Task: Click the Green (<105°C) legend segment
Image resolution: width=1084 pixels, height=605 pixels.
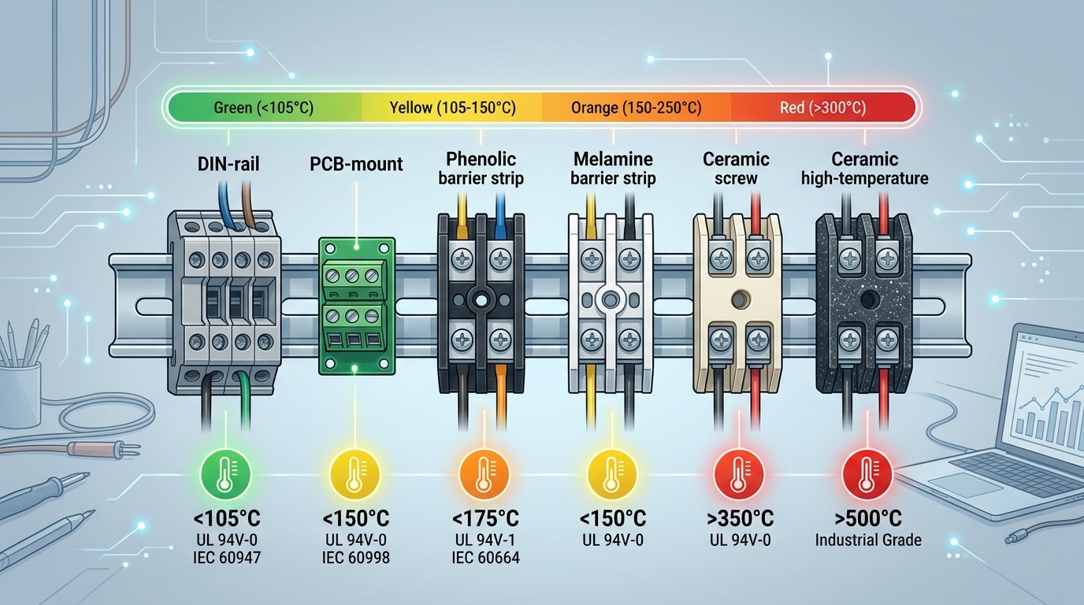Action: pos(263,107)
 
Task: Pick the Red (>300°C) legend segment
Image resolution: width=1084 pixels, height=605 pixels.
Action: pos(822,107)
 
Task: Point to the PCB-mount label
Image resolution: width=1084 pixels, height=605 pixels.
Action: pos(356,164)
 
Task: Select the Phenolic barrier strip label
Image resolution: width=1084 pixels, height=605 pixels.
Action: pos(481,168)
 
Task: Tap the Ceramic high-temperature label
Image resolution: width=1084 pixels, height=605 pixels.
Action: pos(864,168)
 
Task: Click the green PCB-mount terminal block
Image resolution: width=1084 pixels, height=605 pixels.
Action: pos(356,305)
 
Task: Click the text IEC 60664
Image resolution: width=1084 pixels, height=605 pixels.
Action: pos(485,558)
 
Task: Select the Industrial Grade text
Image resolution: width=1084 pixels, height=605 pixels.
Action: pos(868,540)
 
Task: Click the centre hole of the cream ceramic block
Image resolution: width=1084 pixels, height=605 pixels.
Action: pos(739,300)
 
